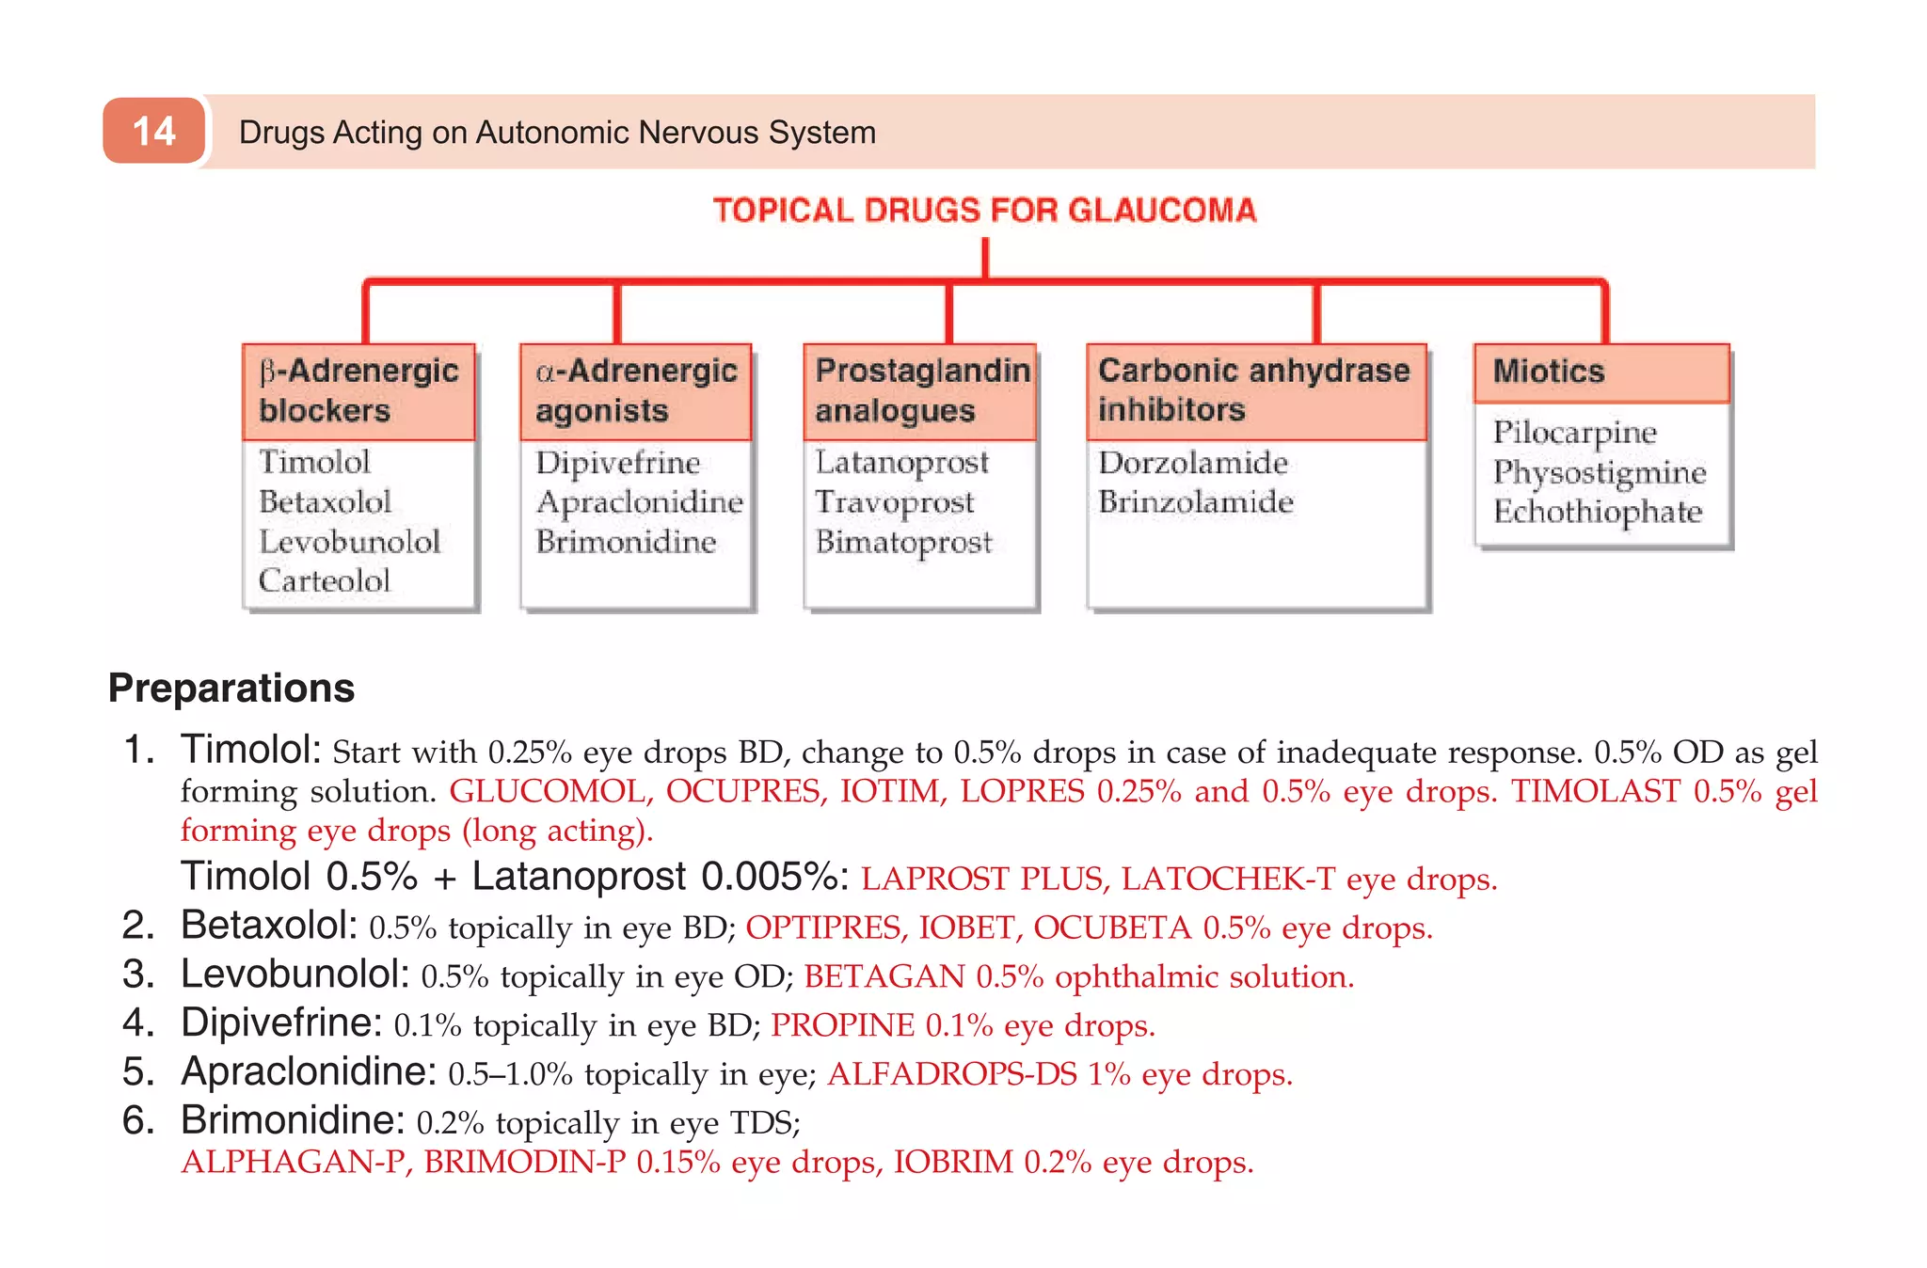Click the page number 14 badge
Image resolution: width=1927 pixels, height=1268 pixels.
point(153,131)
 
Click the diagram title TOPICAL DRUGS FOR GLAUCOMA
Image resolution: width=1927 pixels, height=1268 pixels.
point(984,210)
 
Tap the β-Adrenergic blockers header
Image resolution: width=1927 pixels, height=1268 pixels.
point(358,390)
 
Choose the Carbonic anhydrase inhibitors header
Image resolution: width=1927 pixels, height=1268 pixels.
point(1254,390)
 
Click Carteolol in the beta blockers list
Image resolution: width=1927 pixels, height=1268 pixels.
point(324,580)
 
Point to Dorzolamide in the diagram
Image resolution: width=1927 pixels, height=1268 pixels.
point(1192,463)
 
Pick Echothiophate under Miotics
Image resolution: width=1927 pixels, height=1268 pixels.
point(1597,512)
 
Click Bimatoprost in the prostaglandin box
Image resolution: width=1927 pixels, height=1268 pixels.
point(903,542)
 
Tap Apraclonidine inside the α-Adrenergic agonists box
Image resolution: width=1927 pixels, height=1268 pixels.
point(639,502)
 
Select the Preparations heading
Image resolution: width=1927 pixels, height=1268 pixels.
point(231,688)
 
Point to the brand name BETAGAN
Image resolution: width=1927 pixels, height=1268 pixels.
point(884,976)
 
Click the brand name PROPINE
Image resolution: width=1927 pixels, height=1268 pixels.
point(842,1025)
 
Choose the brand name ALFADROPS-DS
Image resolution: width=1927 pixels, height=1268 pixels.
point(951,1074)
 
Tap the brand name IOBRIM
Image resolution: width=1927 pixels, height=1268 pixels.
point(953,1162)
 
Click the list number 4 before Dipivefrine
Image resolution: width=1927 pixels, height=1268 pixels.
point(137,1023)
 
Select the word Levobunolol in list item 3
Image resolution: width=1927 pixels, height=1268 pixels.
point(295,975)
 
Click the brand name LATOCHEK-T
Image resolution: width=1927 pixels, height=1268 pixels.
point(1227,879)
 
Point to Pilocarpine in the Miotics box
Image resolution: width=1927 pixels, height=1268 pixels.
point(1573,433)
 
